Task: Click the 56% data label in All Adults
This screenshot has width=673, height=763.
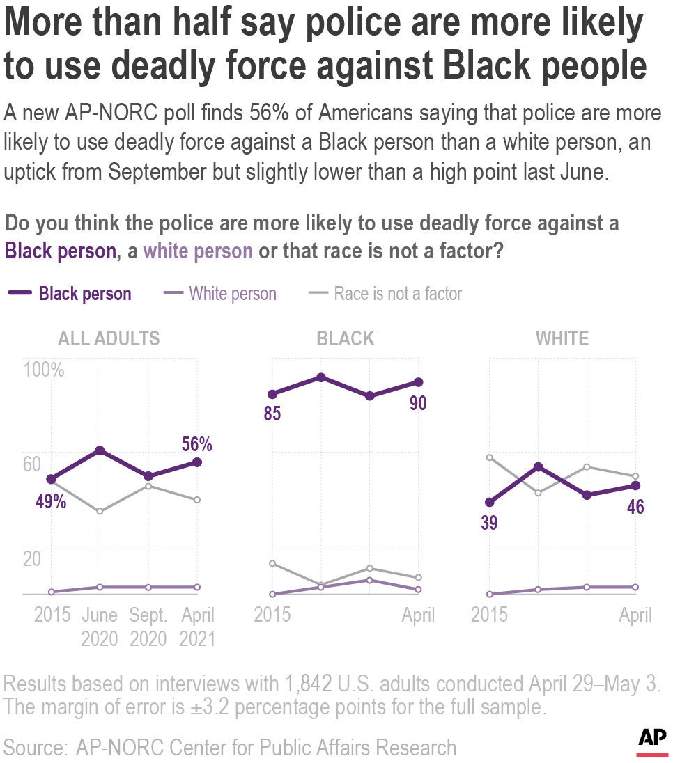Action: tap(197, 444)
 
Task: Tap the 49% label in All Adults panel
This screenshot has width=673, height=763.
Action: tap(51, 501)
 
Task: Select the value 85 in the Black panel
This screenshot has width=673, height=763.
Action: tap(272, 414)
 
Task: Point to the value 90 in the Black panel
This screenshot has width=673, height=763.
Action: tap(417, 403)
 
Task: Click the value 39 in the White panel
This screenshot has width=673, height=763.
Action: tap(489, 523)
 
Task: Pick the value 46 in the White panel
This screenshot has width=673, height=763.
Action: tap(635, 506)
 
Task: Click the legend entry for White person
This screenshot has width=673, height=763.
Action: tap(232, 294)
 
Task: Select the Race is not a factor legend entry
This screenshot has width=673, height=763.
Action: tap(398, 294)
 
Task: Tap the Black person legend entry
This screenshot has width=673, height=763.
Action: tap(84, 294)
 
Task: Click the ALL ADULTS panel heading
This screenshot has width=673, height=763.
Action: tap(109, 339)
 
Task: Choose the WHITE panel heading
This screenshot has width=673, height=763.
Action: tap(562, 339)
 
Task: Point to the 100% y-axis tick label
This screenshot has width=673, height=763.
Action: tap(45, 370)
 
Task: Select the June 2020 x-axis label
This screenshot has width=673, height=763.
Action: tap(100, 627)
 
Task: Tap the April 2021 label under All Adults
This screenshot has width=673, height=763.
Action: tap(197, 627)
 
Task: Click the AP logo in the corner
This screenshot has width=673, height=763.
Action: tap(652, 739)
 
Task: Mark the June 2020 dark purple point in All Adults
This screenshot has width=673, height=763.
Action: tap(100, 450)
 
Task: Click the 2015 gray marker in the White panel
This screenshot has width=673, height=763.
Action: tap(489, 457)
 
